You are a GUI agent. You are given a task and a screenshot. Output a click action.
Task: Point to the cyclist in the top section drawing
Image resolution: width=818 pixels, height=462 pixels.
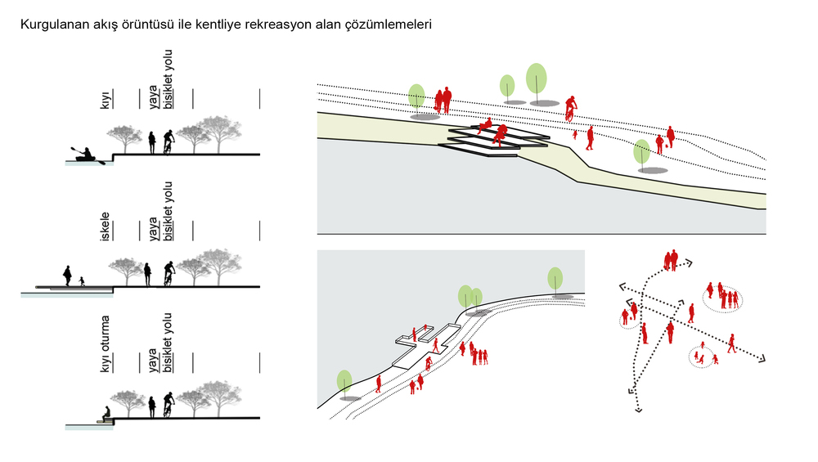tap(169, 141)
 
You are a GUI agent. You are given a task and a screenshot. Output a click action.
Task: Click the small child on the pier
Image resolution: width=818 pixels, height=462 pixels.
tap(82, 281)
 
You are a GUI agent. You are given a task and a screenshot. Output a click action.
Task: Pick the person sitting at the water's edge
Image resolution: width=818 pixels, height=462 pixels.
tap(106, 414)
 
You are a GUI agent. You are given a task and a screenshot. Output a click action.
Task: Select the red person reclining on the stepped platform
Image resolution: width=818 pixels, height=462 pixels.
tap(484, 125)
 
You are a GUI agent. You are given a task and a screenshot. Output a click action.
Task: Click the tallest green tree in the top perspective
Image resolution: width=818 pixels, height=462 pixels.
tap(537, 79)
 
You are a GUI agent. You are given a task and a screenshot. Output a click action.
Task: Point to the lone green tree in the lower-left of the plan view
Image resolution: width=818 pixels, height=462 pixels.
tap(344, 381)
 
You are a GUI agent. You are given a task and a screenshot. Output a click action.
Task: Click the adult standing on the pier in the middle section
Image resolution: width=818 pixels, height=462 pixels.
tap(68, 275)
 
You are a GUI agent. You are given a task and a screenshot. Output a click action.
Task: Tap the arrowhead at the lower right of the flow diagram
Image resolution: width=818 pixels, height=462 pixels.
tap(762, 358)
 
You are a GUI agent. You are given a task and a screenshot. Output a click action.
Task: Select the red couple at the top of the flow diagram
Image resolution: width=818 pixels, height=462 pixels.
tap(672, 261)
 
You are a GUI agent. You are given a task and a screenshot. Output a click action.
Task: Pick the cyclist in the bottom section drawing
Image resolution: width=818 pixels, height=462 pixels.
tap(168, 405)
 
